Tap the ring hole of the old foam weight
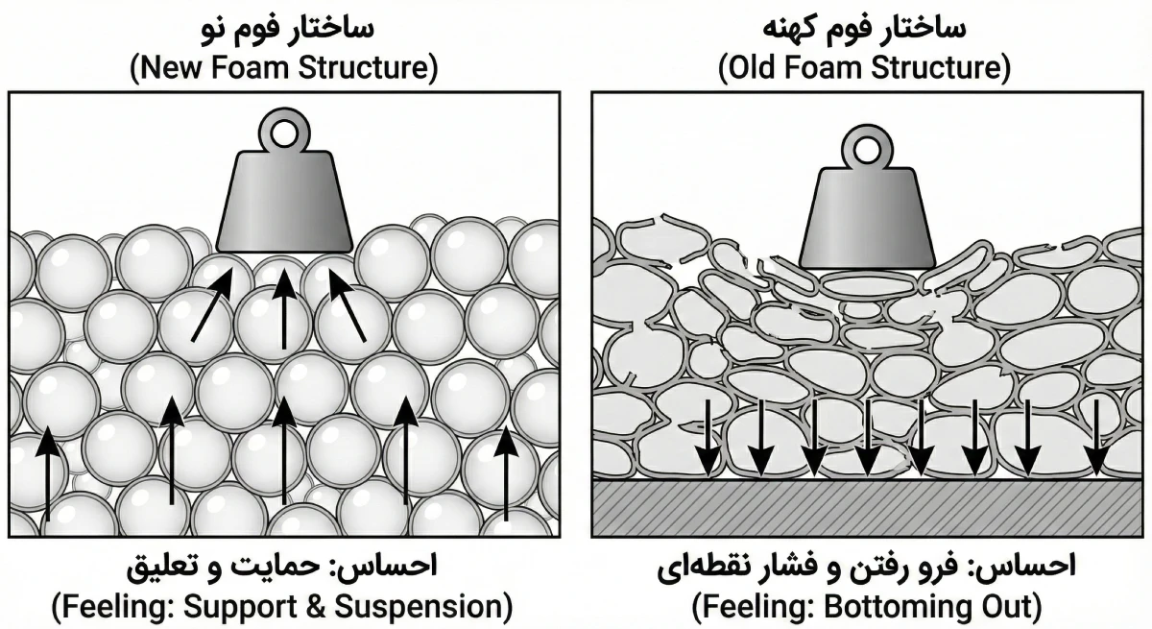pyautogui.click(x=867, y=150)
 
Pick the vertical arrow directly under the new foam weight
pyautogui.click(x=283, y=307)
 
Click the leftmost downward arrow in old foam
pyautogui.click(x=707, y=437)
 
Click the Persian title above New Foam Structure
pyautogui.click(x=283, y=26)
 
